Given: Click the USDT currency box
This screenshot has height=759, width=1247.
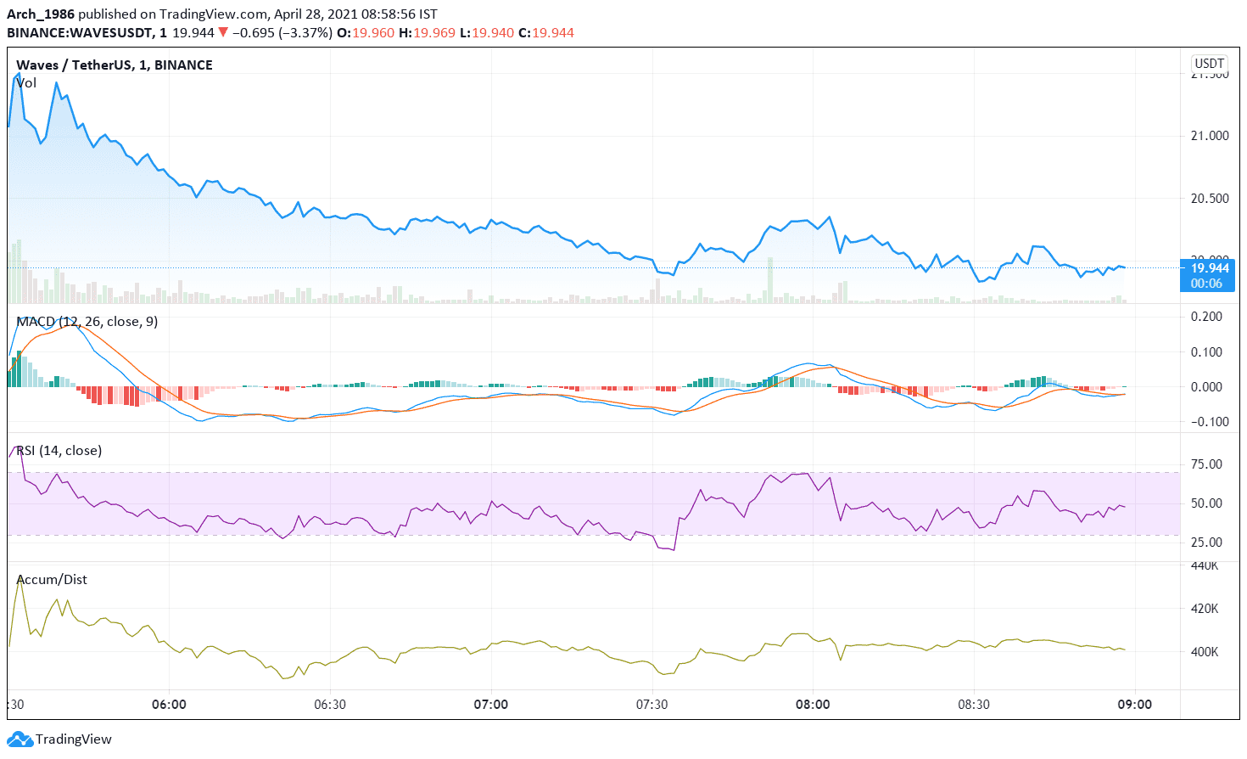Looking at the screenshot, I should pyautogui.click(x=1209, y=64).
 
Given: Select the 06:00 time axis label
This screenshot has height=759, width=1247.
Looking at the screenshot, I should pyautogui.click(x=169, y=705).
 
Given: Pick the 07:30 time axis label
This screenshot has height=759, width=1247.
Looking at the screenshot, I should pyautogui.click(x=651, y=705).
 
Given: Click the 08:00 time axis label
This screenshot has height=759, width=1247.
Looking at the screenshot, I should pyautogui.click(x=813, y=705).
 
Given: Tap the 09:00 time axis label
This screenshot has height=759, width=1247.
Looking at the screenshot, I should pyautogui.click(x=1134, y=705).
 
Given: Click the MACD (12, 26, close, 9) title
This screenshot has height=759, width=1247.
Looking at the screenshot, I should pyautogui.click(x=87, y=322).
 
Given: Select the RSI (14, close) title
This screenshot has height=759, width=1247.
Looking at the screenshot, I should pyautogui.click(x=59, y=451).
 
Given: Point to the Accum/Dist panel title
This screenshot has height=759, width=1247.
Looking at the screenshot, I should pyautogui.click(x=52, y=580).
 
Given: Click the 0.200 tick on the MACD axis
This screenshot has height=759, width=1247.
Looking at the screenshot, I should pyautogui.click(x=1206, y=317).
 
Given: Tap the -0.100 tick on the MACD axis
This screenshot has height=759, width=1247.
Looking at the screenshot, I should pyautogui.click(x=1204, y=422).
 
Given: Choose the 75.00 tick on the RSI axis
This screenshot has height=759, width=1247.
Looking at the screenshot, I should pyautogui.click(x=1206, y=464).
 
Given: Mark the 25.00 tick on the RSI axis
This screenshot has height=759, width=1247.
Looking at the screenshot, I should pyautogui.click(x=1206, y=543).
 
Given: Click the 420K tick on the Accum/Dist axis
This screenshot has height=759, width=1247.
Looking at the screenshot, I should pyautogui.click(x=1205, y=609).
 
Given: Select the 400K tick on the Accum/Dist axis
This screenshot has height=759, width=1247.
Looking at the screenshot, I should pyautogui.click(x=1205, y=652).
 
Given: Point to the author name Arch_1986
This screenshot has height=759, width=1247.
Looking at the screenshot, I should pyautogui.click(x=41, y=14).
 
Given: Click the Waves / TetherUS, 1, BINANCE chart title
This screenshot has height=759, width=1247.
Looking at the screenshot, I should pyautogui.click(x=115, y=65).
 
